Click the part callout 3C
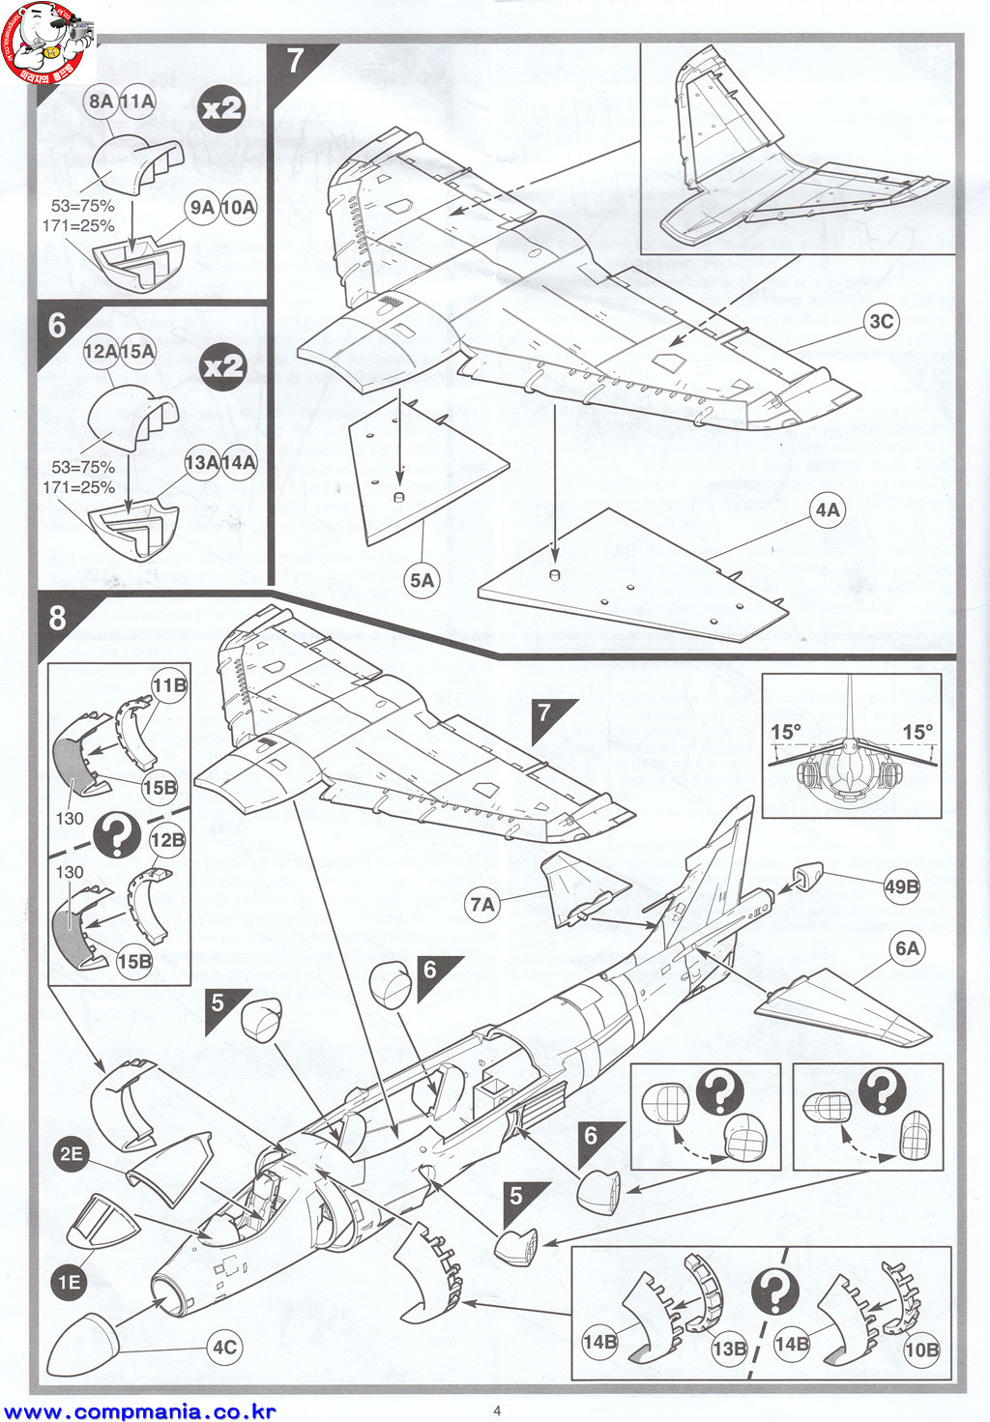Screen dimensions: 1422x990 click(x=881, y=322)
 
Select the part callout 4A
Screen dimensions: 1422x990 click(x=828, y=509)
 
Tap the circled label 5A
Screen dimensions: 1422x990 click(x=422, y=580)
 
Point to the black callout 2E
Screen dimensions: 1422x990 click(x=71, y=1153)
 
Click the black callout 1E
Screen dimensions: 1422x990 click(x=69, y=1283)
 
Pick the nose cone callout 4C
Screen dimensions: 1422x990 click(x=224, y=1348)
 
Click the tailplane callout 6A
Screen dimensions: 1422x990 click(x=907, y=948)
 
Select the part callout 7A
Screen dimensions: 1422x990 click(x=481, y=905)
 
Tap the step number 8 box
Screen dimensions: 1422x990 click(x=57, y=617)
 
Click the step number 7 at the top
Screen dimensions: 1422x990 click(x=296, y=61)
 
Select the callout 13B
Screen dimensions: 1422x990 click(x=729, y=1349)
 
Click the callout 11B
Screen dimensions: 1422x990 click(x=169, y=685)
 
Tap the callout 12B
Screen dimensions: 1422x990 click(x=167, y=840)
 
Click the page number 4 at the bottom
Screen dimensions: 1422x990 click(x=497, y=1409)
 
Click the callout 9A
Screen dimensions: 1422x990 click(x=202, y=207)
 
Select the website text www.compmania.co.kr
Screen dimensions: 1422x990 click(x=138, y=1411)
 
